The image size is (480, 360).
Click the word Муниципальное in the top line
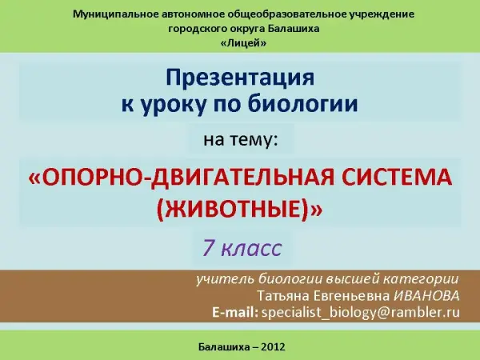[x=114, y=14]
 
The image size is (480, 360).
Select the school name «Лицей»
[x=243, y=43]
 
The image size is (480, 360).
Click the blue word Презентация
[x=240, y=78]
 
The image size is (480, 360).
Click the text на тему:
[x=241, y=139]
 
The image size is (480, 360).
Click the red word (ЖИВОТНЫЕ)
[x=234, y=210]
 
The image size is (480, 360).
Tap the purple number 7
[x=208, y=247]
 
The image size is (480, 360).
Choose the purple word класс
[x=251, y=249]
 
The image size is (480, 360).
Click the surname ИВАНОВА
[x=426, y=296]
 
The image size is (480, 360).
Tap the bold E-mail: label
[x=235, y=312]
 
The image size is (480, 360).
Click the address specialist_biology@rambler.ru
[x=361, y=313]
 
